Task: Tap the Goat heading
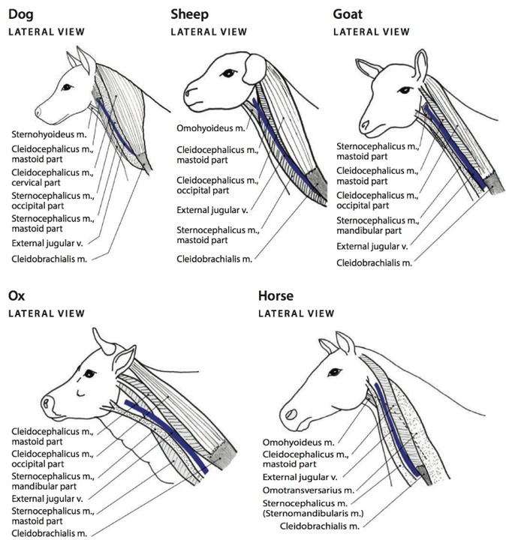(350, 13)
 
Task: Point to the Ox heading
(16, 295)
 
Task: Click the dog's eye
(67, 87)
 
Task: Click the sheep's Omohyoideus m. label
(211, 128)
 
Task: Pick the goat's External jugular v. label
(372, 246)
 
